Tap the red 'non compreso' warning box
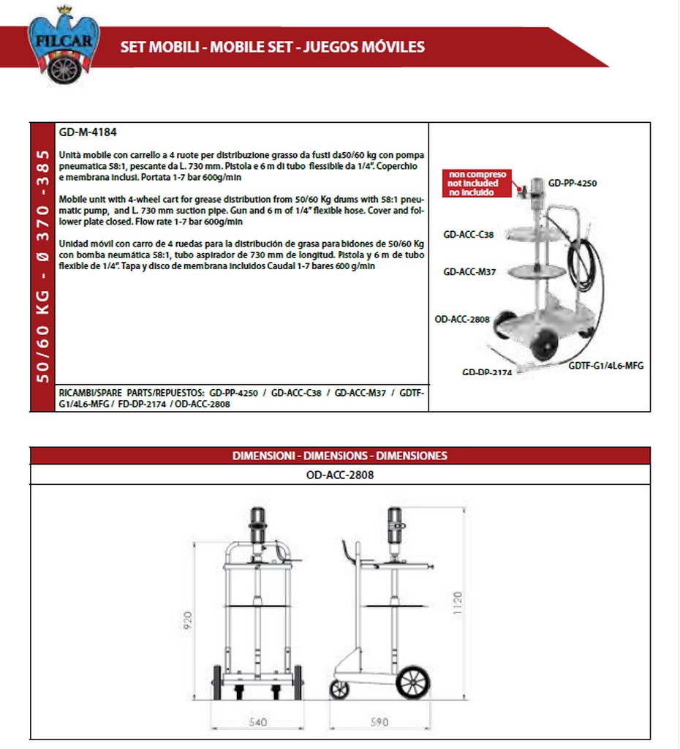pos(478,183)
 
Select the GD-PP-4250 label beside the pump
pos(573,183)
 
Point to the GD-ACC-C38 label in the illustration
pos(469,235)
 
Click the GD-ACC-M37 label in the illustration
pos(469,271)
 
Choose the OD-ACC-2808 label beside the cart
pos(461,319)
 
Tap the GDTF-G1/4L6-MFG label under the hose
pos(606,365)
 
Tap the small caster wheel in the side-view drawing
pos(340,689)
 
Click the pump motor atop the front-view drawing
pos(258,522)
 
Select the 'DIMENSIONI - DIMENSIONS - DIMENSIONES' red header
pos(340,455)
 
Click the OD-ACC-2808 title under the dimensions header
pos(340,474)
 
